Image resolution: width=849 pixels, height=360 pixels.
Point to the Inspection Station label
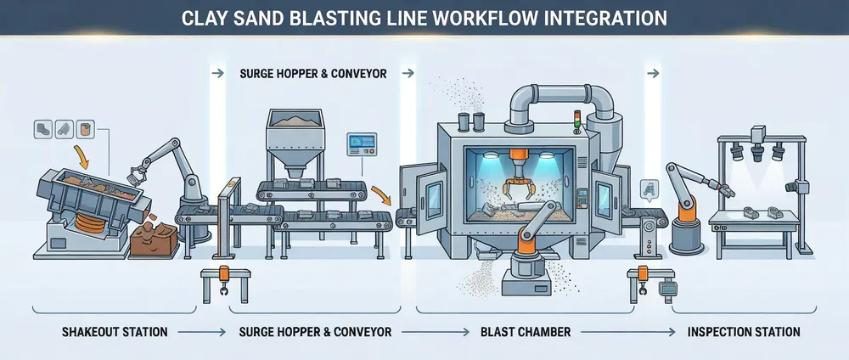[x=744, y=330]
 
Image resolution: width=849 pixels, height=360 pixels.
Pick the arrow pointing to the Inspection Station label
[x=653, y=330]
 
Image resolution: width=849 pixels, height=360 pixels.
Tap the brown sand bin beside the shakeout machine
[x=153, y=240]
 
